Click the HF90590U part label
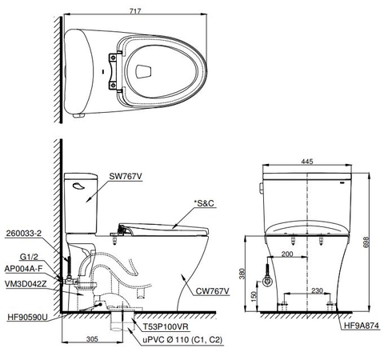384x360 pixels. tap(26, 318)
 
